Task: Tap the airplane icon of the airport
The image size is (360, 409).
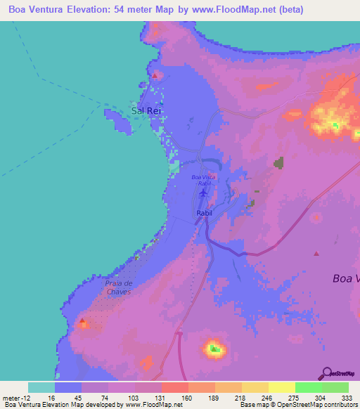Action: [x=204, y=192]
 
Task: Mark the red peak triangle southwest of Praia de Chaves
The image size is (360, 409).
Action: [x=83, y=322]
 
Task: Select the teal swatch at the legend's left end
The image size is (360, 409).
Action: [x=41, y=387]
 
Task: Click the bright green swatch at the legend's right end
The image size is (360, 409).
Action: [x=335, y=387]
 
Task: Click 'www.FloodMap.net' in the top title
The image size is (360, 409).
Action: [x=282, y=8]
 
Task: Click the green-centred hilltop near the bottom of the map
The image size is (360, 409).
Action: [x=214, y=349]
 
